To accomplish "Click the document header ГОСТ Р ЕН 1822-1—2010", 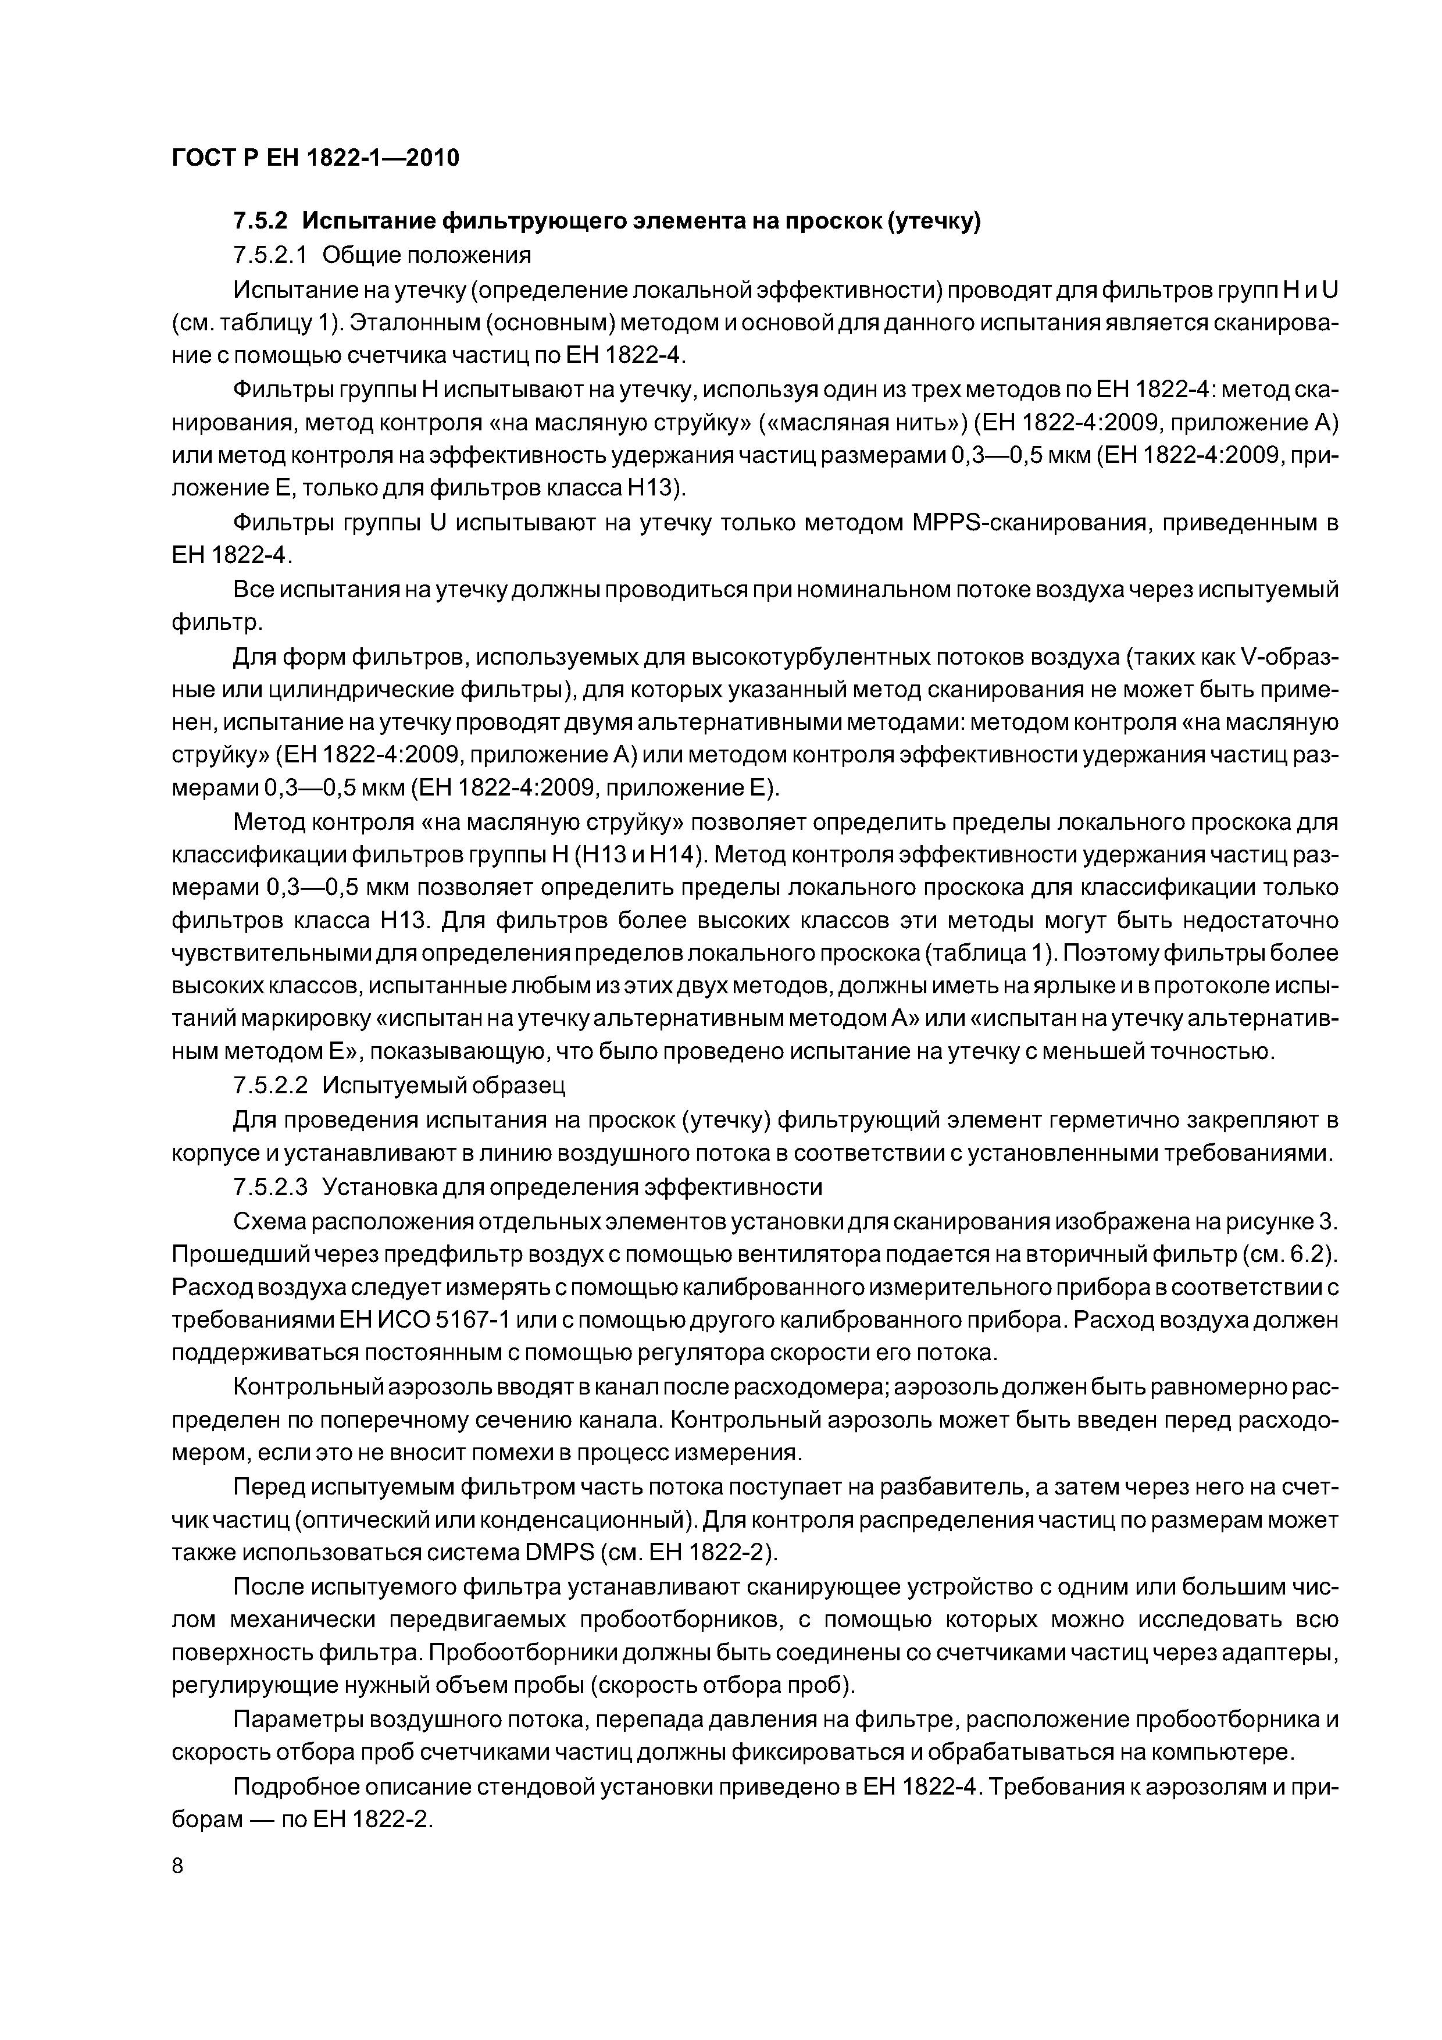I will tap(315, 158).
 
